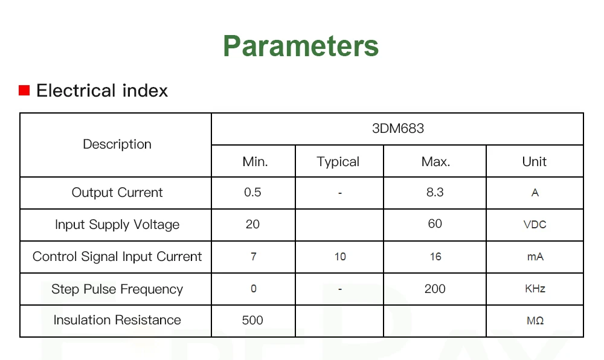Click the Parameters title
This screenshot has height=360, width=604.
tap(301, 46)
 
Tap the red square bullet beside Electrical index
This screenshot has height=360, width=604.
tap(24, 90)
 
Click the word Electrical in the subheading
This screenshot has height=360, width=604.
tap(76, 91)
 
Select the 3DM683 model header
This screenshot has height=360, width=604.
tap(398, 128)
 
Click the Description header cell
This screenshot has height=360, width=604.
tap(117, 144)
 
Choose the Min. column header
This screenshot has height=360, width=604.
tap(255, 162)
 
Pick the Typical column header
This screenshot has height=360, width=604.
tap(338, 162)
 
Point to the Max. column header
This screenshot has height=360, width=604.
tap(435, 162)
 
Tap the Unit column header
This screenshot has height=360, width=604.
tap(535, 162)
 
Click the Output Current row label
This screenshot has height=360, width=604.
tap(117, 193)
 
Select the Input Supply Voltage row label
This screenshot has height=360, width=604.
tap(117, 225)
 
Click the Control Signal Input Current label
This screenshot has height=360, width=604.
tap(117, 257)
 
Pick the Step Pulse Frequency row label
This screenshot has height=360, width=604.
tap(117, 289)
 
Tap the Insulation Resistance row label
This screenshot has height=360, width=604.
tap(117, 320)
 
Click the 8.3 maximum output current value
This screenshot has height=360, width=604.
tap(435, 192)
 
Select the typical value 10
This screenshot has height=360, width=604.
tap(340, 257)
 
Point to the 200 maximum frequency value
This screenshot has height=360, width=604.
tap(435, 289)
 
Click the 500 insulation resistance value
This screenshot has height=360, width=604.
tap(252, 320)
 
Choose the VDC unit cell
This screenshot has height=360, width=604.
tap(535, 225)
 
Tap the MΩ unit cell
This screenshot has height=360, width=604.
tap(535, 321)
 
